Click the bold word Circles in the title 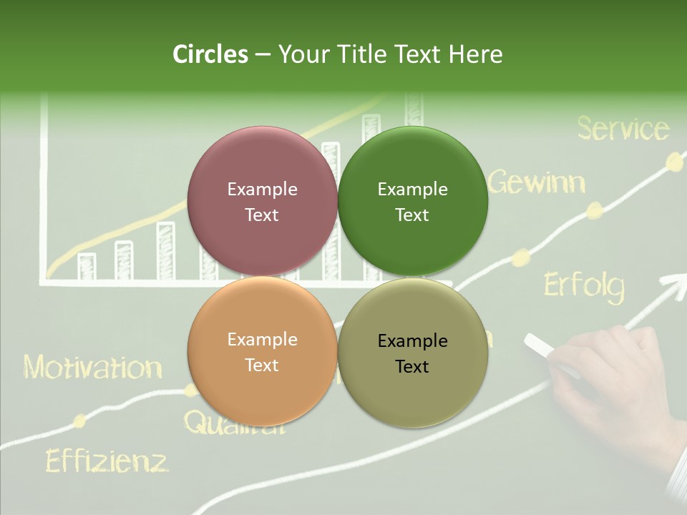[210, 54]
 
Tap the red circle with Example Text [262, 201]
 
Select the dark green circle [413, 201]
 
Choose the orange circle [262, 352]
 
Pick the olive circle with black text [413, 353]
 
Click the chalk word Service [623, 129]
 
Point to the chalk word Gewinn [537, 182]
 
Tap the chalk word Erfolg [583, 286]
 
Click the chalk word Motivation [92, 368]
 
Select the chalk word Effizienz [107, 461]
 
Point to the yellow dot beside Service [673, 162]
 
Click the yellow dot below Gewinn [594, 210]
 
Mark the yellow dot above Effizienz [80, 421]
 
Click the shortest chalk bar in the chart [87, 266]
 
